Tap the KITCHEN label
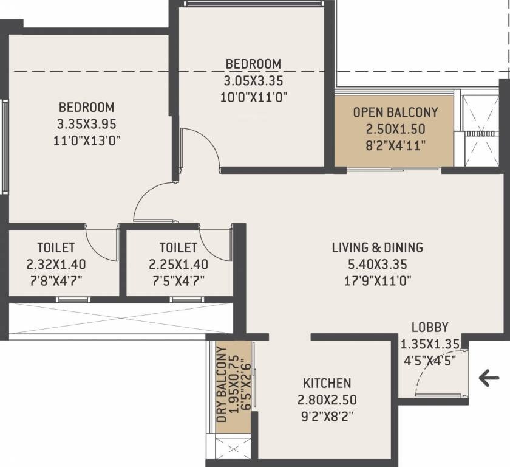coord(327,383)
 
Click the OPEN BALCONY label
coord(395,112)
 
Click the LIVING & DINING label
coord(377,247)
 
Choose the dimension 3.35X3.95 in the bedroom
coord(87,124)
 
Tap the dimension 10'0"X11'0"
coord(254,96)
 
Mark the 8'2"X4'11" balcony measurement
coord(395,145)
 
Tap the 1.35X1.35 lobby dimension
coord(430,343)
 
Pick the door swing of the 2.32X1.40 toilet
coord(101,242)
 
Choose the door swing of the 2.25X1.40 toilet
coord(214,242)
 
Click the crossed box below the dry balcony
coord(233,451)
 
